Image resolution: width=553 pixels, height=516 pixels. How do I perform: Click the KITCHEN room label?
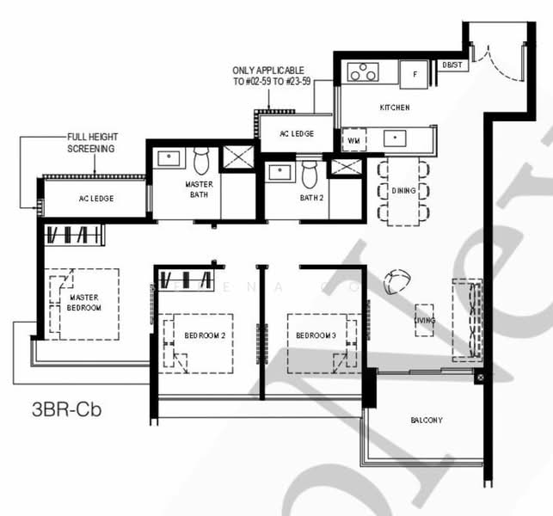click(395, 107)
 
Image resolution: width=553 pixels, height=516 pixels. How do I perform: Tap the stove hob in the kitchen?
click(362, 73)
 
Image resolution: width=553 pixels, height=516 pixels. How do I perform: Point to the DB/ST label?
click(451, 64)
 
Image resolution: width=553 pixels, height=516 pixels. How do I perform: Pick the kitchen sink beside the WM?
click(396, 137)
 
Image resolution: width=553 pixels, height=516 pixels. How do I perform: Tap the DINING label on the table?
click(403, 190)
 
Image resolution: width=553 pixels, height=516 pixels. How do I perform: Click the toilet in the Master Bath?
click(201, 161)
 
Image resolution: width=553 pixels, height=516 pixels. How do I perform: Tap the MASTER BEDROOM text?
click(84, 303)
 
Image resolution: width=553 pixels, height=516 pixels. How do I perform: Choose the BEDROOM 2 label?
click(204, 335)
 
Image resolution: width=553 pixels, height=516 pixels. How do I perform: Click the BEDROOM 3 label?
click(316, 335)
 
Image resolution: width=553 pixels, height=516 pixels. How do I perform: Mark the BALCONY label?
click(426, 421)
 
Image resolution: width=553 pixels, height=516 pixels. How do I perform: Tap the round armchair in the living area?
click(398, 279)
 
